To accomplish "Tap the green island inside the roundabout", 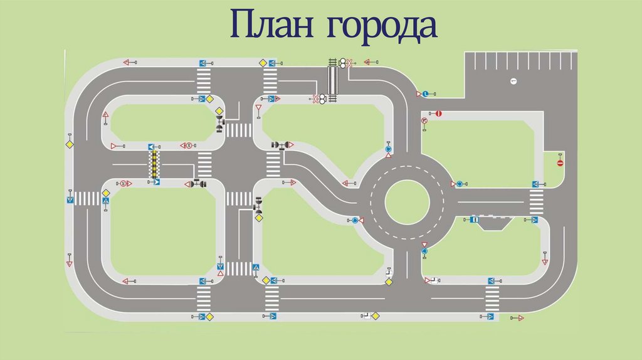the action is [407, 203].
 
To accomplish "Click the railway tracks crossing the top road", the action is [333, 80].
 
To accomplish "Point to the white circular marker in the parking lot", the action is [513, 80].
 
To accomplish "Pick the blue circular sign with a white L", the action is [424, 94].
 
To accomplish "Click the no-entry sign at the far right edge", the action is [560, 162].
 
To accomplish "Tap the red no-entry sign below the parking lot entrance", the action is [439, 114].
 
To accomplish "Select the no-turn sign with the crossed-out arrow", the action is [424, 120].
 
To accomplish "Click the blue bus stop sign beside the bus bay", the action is [475, 220].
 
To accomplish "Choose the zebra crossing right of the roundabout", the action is [537, 203].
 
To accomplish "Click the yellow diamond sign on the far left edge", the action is [69, 144].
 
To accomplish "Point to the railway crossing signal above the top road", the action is [344, 62].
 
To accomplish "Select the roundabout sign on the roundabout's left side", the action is [355, 220].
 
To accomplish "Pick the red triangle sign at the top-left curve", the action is [126, 62].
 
